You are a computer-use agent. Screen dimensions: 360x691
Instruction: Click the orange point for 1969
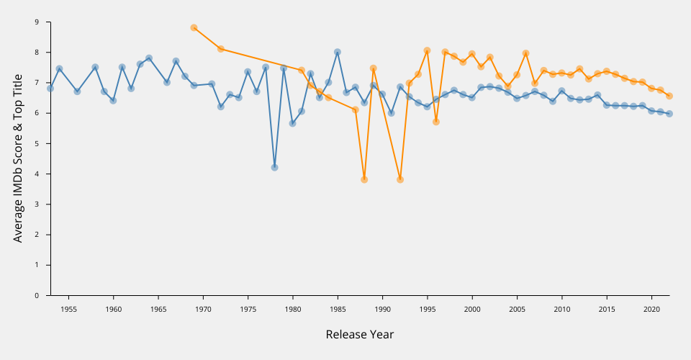click(194, 27)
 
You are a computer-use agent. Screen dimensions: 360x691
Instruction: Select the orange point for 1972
click(221, 49)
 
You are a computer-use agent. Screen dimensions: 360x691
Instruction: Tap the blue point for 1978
click(274, 167)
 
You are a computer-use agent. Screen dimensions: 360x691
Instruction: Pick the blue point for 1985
click(338, 52)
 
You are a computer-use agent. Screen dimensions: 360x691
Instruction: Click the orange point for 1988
click(364, 179)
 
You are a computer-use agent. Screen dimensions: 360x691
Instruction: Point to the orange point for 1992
click(400, 179)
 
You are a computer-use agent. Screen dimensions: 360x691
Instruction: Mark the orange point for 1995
click(427, 50)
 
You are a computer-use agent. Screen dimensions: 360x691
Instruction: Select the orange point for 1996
click(436, 122)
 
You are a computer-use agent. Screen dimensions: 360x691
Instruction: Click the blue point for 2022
click(669, 114)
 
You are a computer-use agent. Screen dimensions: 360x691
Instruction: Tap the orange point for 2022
click(669, 96)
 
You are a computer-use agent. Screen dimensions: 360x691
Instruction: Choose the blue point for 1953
click(50, 88)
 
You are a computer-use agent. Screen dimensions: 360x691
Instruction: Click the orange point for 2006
click(526, 53)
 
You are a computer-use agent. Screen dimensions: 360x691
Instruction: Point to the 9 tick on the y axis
click(37, 22)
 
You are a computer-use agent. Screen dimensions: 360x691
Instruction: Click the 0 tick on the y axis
click(37, 295)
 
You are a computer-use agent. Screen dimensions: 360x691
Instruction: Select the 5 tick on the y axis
click(37, 143)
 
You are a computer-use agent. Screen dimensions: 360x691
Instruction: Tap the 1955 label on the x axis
click(68, 310)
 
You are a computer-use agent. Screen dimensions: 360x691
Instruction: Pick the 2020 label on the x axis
click(652, 310)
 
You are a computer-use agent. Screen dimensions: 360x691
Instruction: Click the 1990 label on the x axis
click(382, 310)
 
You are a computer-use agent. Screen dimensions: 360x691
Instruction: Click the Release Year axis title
click(360, 334)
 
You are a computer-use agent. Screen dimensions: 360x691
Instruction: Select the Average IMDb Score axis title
click(18, 158)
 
